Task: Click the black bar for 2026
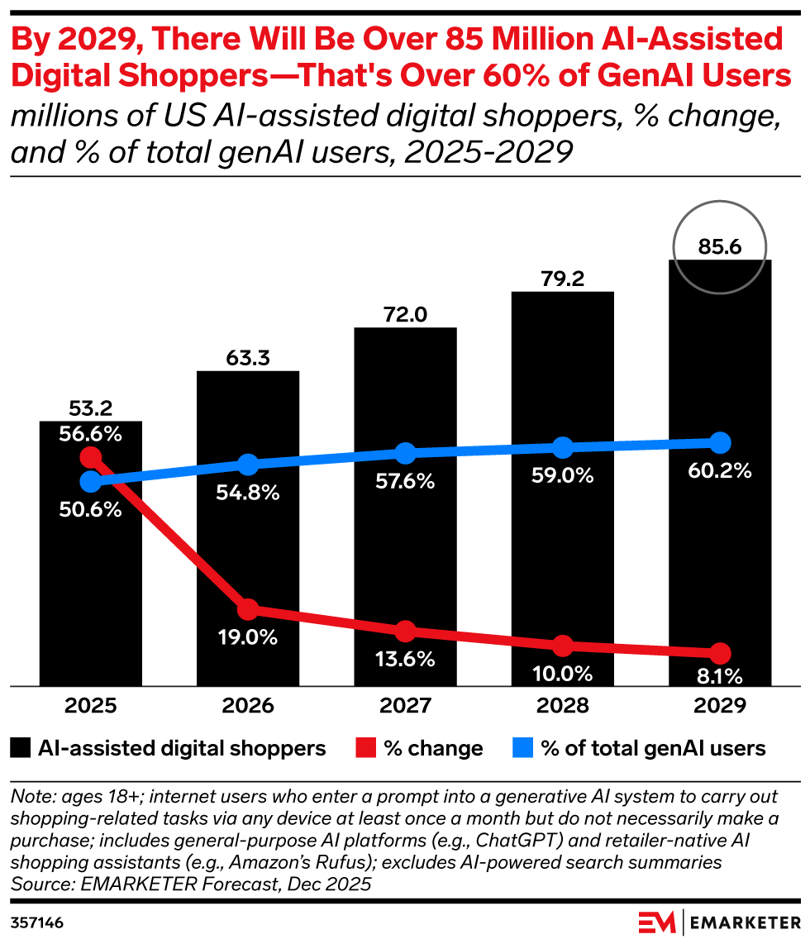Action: (248, 528)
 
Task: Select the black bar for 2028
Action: (563, 489)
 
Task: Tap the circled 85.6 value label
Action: (720, 247)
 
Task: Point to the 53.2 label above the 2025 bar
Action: (90, 408)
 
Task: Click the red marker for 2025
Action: (90, 457)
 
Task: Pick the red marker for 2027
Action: (406, 632)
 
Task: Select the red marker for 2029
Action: (720, 652)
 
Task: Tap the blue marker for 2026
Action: (248, 465)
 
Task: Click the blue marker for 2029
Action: (720, 443)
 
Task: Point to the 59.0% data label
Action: (563, 475)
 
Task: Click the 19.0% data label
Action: (248, 637)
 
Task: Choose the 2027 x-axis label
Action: (406, 705)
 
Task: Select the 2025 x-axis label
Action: (90, 705)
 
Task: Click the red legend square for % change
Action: (366, 748)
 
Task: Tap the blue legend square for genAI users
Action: (522, 748)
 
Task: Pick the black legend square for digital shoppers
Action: (21, 748)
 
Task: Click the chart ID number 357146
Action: (36, 923)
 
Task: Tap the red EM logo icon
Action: (657, 923)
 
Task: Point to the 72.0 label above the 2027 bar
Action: (406, 314)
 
